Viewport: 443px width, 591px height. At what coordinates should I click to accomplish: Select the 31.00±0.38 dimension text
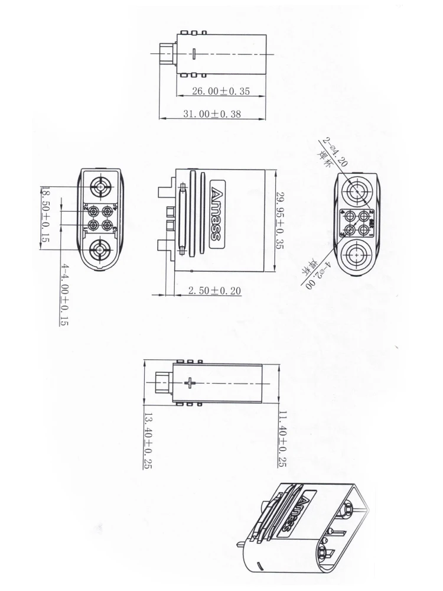point(211,114)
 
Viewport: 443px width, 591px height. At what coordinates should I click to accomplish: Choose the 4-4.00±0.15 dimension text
point(64,294)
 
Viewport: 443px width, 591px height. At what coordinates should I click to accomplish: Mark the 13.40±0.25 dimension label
point(148,440)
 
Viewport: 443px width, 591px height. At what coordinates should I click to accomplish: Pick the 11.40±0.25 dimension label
point(282,438)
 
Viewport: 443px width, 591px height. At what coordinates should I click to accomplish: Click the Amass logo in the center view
point(216,213)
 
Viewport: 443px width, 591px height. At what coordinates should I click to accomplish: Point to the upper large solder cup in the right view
point(358,193)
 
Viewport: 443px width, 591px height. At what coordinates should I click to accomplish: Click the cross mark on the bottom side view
point(189,383)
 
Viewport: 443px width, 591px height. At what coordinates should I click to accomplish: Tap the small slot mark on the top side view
point(194,54)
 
